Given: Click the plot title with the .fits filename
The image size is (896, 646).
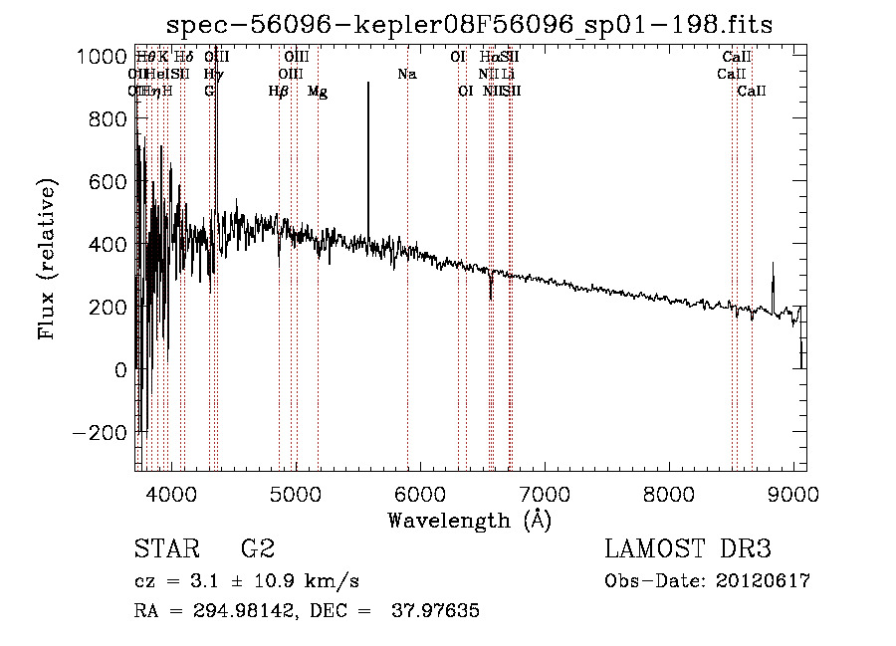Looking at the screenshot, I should click(x=469, y=24).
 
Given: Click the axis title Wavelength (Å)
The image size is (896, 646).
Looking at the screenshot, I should click(x=469, y=520).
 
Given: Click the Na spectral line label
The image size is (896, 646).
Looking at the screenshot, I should click(x=406, y=75).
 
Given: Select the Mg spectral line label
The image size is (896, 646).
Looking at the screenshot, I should click(x=318, y=92).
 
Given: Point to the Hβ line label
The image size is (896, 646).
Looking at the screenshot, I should click(x=279, y=92).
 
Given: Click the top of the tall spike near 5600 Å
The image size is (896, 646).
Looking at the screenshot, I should click(x=368, y=84).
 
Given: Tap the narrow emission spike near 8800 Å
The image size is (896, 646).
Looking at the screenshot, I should click(x=774, y=265).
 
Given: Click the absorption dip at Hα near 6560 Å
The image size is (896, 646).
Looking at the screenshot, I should click(x=491, y=296).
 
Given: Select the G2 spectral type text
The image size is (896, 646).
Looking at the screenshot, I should click(x=258, y=548).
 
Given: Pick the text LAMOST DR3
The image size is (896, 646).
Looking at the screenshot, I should click(x=688, y=548).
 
